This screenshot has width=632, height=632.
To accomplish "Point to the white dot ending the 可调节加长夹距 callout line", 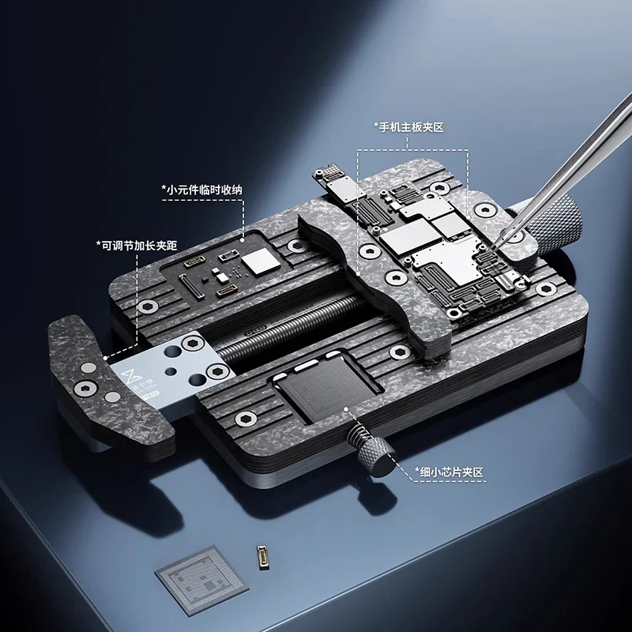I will [x=105, y=356].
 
